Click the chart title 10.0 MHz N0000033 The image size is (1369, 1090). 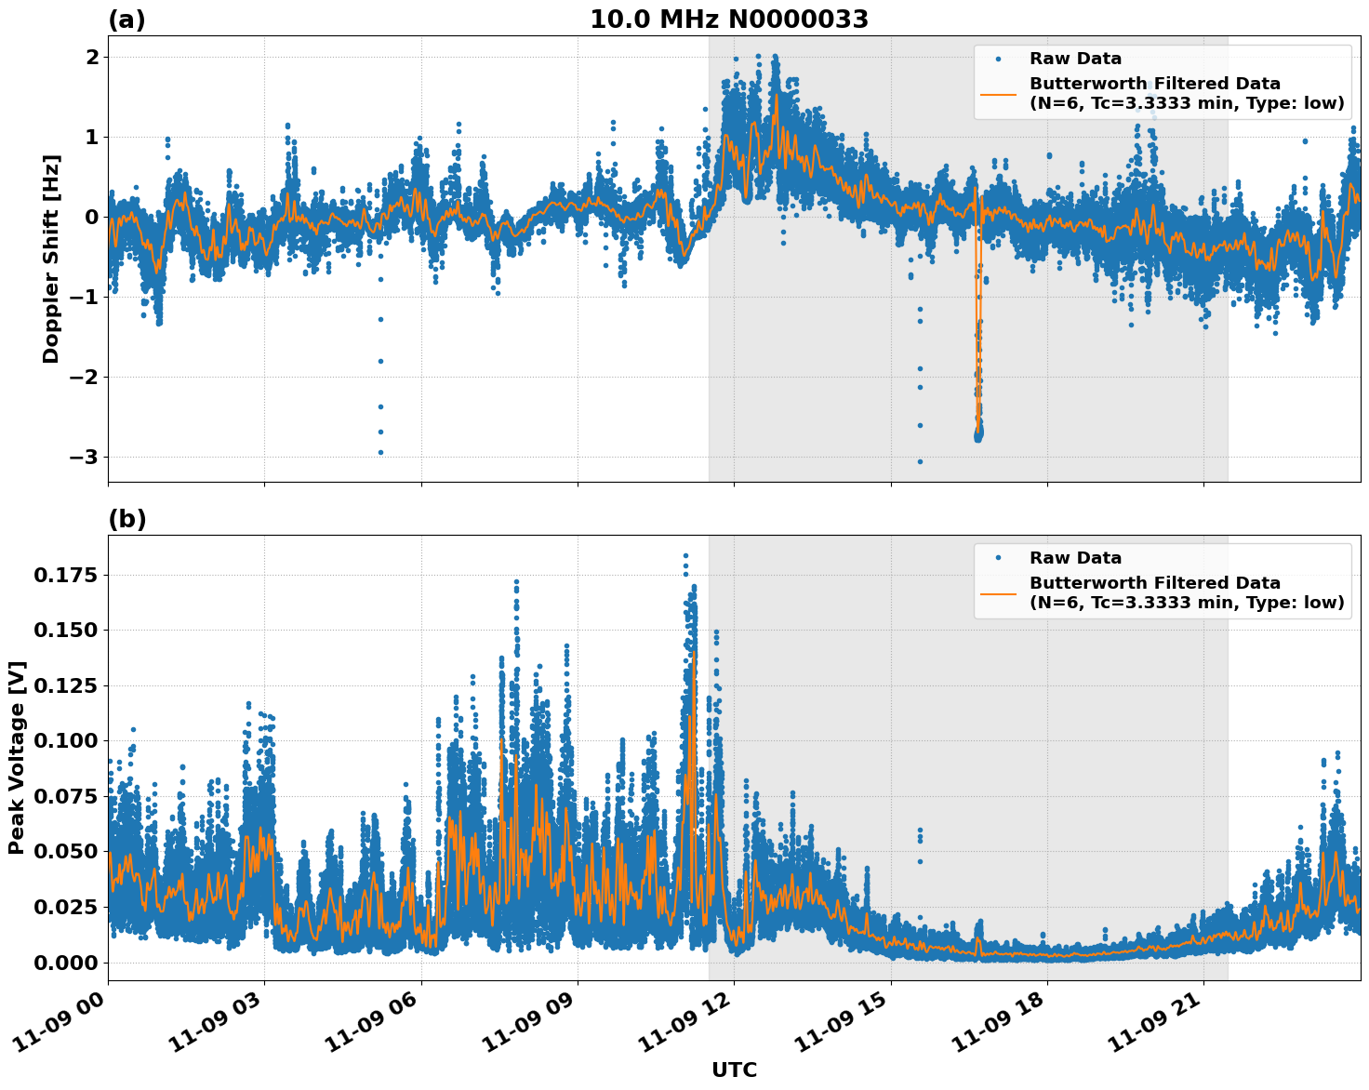[x=729, y=20]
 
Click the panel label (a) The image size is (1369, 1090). [x=126, y=20]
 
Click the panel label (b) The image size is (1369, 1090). [x=127, y=519]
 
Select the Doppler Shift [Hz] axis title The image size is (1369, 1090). [x=51, y=259]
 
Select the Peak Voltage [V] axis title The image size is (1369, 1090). [x=17, y=757]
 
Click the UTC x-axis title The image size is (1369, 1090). [x=734, y=1070]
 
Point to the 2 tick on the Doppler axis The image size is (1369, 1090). [x=92, y=58]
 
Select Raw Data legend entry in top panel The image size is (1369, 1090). [x=1075, y=60]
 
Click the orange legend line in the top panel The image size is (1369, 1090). [x=999, y=93]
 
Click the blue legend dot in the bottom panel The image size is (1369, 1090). [x=999, y=558]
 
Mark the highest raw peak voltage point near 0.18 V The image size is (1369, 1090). [x=685, y=556]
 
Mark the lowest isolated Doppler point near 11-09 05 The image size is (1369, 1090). [x=380, y=453]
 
